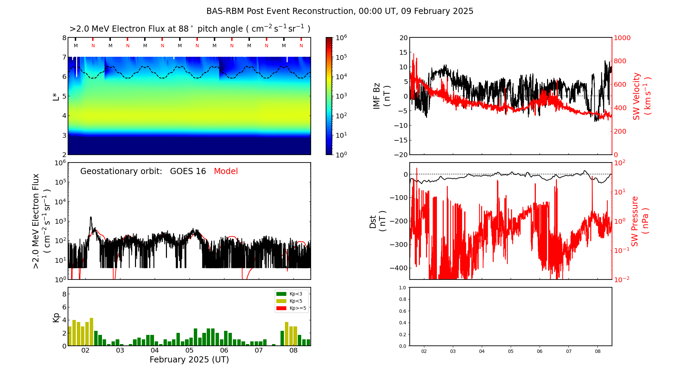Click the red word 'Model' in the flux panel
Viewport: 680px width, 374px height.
coord(226,171)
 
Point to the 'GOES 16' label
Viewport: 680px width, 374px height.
coord(188,171)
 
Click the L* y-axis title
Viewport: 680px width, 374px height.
coord(56,96)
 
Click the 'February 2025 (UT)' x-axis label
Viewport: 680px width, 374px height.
coord(189,360)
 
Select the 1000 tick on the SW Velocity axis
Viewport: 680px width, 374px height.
coord(622,38)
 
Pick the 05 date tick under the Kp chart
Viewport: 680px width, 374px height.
coord(189,351)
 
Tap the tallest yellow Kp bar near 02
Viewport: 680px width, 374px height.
coord(91,331)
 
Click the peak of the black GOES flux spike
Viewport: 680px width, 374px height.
coord(91,217)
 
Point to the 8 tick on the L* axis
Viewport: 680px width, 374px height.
coord(64,38)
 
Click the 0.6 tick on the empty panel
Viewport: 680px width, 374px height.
coord(402,311)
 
